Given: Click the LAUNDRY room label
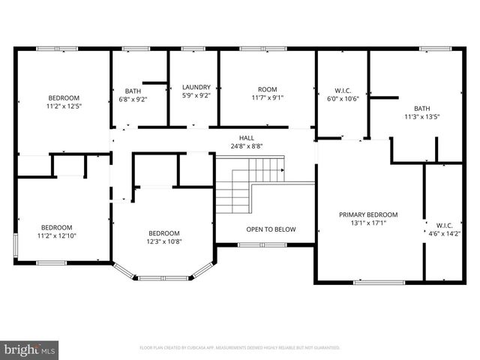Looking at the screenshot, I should click(x=196, y=87).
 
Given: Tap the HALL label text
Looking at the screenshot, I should click(x=246, y=138).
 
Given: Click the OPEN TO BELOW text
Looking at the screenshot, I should click(x=271, y=229).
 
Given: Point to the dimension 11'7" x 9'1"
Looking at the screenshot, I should click(x=267, y=97).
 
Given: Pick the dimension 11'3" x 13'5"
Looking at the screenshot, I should click(x=421, y=117).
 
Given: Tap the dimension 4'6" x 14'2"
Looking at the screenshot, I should click(x=443, y=233).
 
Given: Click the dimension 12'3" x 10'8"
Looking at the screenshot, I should click(x=163, y=241).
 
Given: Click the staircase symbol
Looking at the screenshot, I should click(x=247, y=187).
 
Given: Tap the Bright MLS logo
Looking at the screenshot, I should click(x=30, y=349).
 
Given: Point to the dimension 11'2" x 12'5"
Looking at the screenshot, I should click(x=64, y=106).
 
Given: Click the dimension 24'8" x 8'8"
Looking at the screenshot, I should click(x=246, y=147).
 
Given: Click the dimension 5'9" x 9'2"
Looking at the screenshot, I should click(x=196, y=96).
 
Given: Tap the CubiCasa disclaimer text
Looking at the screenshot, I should click(x=240, y=348).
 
